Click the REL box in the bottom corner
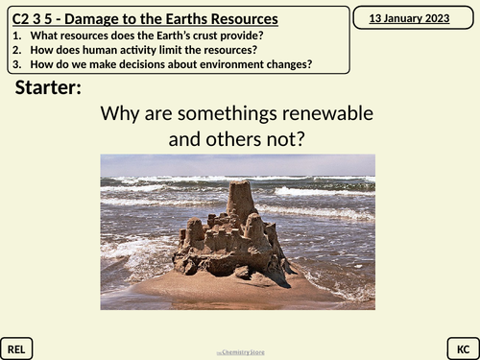point(18,347)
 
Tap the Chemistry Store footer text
point(239,352)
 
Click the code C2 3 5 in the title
point(36,18)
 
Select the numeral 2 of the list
point(17,50)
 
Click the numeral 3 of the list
point(17,64)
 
